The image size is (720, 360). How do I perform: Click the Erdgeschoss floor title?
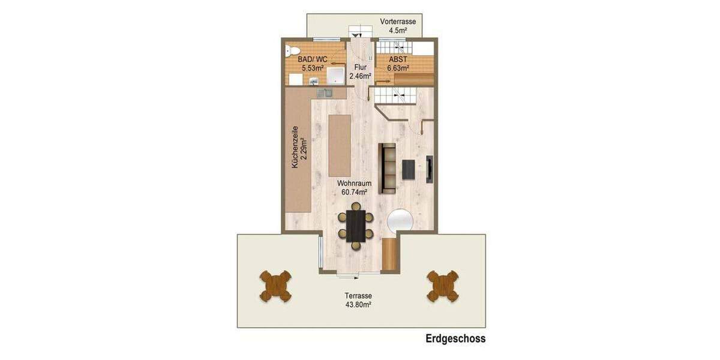tap(455, 339)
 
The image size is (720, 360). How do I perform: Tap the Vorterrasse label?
tap(398, 22)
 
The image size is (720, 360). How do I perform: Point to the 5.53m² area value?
tap(313, 68)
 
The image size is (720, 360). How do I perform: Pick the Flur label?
tap(360, 67)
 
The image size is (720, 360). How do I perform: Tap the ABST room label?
tap(397, 59)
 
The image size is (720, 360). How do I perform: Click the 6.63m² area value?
tap(398, 68)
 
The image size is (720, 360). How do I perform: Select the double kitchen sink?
tap(324, 93)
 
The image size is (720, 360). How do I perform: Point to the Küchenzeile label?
tap(295, 147)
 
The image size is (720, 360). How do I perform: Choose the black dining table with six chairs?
tap(356, 226)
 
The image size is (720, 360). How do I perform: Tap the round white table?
tap(400, 220)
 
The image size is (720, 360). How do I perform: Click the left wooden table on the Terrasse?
tap(275, 286)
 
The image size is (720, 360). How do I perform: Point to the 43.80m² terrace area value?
tap(358, 305)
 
